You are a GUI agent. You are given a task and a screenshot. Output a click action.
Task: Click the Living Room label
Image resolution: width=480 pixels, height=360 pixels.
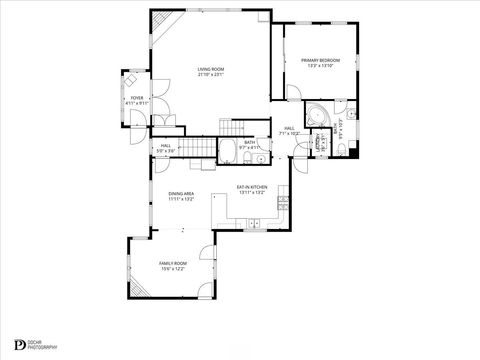click(x=210, y=69)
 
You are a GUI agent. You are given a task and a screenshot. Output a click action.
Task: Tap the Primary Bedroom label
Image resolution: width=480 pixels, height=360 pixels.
click(x=320, y=61)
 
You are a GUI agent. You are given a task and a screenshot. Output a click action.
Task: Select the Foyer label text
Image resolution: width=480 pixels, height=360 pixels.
click(x=136, y=98)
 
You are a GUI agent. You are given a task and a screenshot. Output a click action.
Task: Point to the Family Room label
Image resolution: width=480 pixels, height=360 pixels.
click(x=173, y=263)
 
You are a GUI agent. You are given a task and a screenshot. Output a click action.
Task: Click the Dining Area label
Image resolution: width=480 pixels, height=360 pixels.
click(x=180, y=193)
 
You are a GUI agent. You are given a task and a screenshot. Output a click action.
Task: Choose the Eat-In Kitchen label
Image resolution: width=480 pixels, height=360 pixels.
click(x=250, y=187)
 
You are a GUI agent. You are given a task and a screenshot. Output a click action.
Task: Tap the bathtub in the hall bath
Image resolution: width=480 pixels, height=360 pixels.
click(x=227, y=153)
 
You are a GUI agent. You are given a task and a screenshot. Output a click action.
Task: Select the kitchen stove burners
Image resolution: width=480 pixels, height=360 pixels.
click(x=283, y=202)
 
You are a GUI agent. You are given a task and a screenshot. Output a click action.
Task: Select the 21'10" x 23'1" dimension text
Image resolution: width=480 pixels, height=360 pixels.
click(x=210, y=75)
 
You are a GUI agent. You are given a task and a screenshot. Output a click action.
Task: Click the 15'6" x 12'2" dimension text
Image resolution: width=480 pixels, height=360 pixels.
click(x=173, y=269)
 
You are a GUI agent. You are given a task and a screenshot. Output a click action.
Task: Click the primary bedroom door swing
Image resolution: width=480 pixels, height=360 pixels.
click(x=295, y=93)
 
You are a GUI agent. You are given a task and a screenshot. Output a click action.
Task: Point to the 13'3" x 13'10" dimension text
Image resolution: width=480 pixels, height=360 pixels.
click(x=320, y=67)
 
